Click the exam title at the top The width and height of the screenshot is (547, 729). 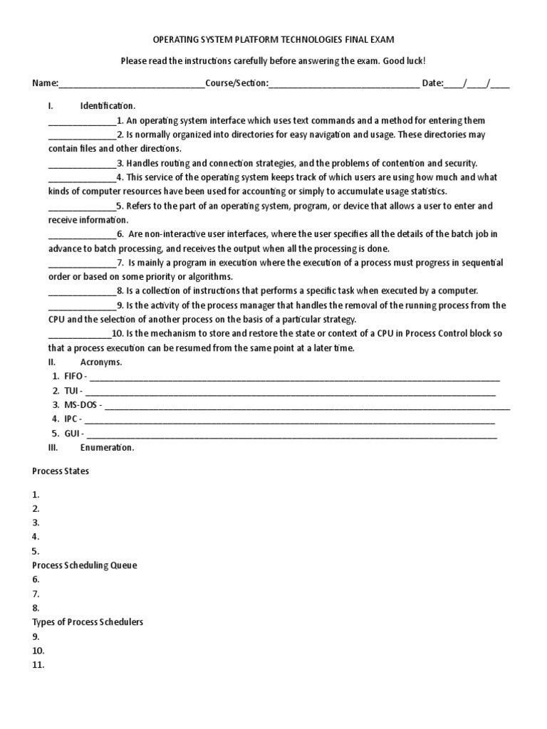pyautogui.click(x=273, y=41)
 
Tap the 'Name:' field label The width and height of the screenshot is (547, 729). pyautogui.click(x=45, y=83)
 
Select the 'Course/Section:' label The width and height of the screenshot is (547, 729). pyautogui.click(x=236, y=83)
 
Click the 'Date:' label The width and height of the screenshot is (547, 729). pyautogui.click(x=432, y=83)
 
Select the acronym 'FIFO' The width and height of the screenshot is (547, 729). pyautogui.click(x=74, y=376)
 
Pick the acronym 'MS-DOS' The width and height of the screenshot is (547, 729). pyautogui.click(x=80, y=404)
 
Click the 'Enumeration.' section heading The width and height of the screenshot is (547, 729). pyautogui.click(x=107, y=447)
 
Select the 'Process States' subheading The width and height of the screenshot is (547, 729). pyautogui.click(x=61, y=471)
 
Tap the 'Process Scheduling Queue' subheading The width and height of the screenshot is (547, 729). pyautogui.click(x=85, y=565)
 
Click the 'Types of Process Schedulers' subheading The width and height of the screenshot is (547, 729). pyautogui.click(x=88, y=622)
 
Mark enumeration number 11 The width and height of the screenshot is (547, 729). pyautogui.click(x=38, y=665)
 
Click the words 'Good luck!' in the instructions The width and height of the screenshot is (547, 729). pyautogui.click(x=404, y=61)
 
